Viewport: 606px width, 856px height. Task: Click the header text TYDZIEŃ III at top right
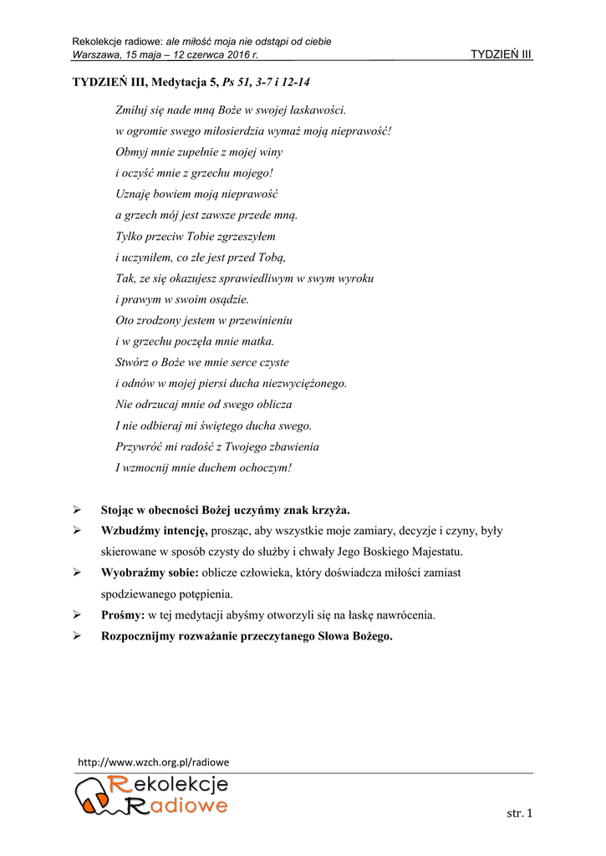(x=502, y=55)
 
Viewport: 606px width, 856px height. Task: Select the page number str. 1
(x=520, y=813)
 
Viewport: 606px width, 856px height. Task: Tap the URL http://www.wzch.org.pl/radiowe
(x=153, y=762)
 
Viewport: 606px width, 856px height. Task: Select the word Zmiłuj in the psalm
(x=132, y=110)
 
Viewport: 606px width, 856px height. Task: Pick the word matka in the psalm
(x=257, y=341)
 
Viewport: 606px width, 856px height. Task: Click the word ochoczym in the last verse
(x=264, y=468)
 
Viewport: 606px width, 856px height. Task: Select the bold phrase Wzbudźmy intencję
(x=154, y=531)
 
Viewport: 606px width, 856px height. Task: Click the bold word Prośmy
(x=123, y=615)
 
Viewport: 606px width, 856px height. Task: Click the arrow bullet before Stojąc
(x=77, y=510)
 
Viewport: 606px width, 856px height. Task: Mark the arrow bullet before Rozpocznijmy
(x=77, y=636)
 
